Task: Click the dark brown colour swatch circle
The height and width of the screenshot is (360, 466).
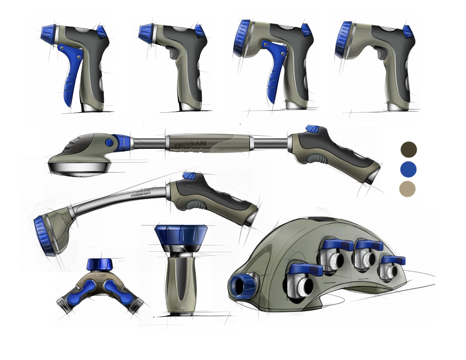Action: [408, 149]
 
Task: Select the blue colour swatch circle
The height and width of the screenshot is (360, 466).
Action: [408, 169]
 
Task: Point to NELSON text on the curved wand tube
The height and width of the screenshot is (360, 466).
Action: [141, 192]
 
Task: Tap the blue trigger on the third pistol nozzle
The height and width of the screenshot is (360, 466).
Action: [276, 74]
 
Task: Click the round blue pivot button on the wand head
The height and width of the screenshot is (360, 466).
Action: [110, 143]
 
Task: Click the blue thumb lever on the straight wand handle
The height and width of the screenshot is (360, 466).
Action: [312, 129]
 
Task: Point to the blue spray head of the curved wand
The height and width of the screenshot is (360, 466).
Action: [42, 236]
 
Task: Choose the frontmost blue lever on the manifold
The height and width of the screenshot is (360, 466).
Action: [305, 269]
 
